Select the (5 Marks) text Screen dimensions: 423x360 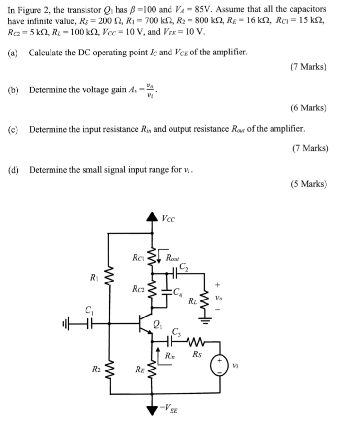click(309, 184)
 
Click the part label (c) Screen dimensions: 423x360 click(14, 129)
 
